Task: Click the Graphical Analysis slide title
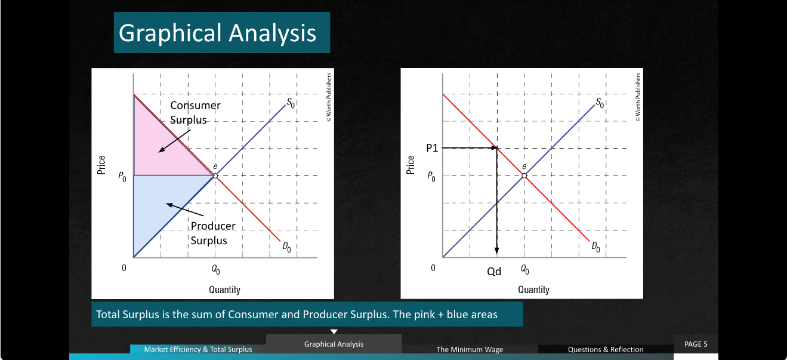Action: tap(217, 33)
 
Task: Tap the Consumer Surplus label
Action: tap(195, 112)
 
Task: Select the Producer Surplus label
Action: tap(213, 233)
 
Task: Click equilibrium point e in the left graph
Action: tap(215, 176)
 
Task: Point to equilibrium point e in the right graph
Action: tap(524, 176)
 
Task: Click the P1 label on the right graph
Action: tap(432, 148)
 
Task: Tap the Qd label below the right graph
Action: tap(494, 272)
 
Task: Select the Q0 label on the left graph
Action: tap(215, 270)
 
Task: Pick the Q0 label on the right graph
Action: tap(524, 270)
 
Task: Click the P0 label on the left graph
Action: tap(122, 177)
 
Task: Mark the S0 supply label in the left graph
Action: tap(291, 103)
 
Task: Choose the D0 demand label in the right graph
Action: tap(595, 247)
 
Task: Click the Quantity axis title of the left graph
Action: tap(224, 290)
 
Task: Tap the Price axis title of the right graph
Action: tap(410, 165)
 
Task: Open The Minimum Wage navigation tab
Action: tap(470, 349)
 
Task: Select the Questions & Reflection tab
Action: tap(606, 349)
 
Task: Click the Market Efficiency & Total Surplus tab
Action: tap(198, 349)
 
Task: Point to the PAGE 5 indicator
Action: tap(696, 344)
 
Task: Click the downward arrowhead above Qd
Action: tap(496, 251)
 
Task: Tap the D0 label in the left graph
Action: tap(286, 248)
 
